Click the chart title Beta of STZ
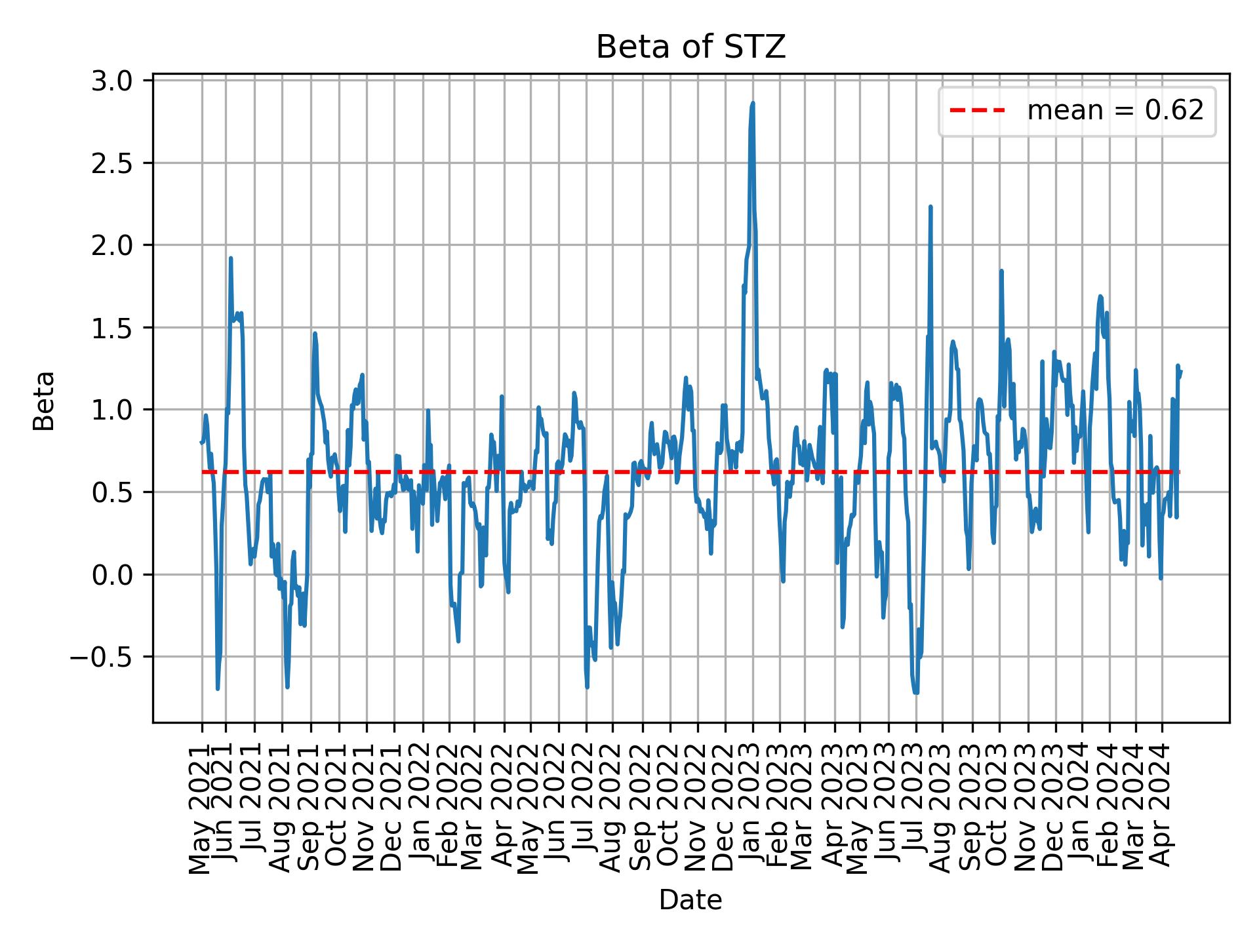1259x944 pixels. pos(690,47)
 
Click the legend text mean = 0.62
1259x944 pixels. pos(1115,111)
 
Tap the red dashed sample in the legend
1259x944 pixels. pos(977,111)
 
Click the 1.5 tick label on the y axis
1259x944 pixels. pos(117,327)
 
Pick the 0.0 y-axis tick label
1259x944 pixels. pos(117,575)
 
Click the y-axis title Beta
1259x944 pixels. pos(45,401)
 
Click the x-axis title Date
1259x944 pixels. pos(690,901)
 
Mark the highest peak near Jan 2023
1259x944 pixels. pos(753,103)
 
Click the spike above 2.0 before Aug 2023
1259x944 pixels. pos(930,207)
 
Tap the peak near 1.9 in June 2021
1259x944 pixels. pos(231,258)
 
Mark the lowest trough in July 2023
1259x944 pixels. pos(916,692)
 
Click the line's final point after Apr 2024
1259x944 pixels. pos(1181,371)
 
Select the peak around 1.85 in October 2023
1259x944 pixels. pos(1001,271)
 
